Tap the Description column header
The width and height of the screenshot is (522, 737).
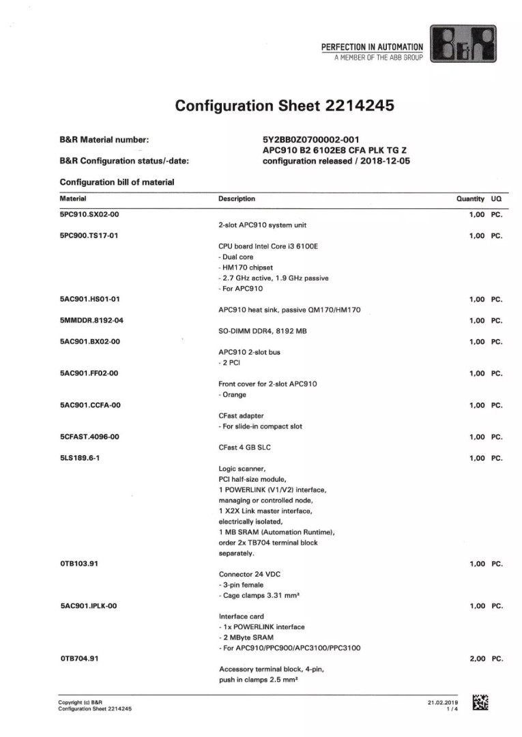237,199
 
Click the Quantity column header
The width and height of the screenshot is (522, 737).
470,199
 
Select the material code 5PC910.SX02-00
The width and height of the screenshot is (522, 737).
89,214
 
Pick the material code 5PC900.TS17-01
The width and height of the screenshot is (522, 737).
89,235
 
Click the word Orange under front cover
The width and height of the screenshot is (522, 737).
235,394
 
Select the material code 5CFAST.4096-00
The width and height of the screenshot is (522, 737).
90,437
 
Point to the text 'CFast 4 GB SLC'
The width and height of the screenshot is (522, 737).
244,448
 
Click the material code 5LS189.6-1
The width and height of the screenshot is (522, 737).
80,458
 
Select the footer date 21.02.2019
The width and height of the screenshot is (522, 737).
443,702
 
